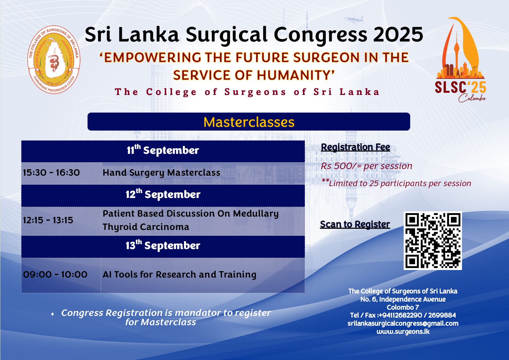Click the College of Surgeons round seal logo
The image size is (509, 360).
(x=54, y=60)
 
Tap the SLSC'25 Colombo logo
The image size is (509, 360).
(x=461, y=60)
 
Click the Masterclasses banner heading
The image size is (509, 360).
(x=249, y=122)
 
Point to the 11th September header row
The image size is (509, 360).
(x=163, y=151)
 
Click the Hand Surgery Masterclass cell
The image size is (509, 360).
(x=203, y=173)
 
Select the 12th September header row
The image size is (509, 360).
(x=163, y=195)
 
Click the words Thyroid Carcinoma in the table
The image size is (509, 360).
(x=146, y=227)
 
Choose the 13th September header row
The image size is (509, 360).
(x=163, y=246)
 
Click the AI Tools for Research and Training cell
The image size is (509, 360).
(x=203, y=275)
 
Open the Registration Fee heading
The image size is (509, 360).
(x=355, y=147)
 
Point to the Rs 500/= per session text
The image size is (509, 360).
(x=367, y=166)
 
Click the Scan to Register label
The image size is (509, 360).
(x=355, y=224)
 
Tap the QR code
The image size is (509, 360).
(x=433, y=241)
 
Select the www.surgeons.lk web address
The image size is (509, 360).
(x=403, y=332)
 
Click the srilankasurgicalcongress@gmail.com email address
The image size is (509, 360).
(x=403, y=323)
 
